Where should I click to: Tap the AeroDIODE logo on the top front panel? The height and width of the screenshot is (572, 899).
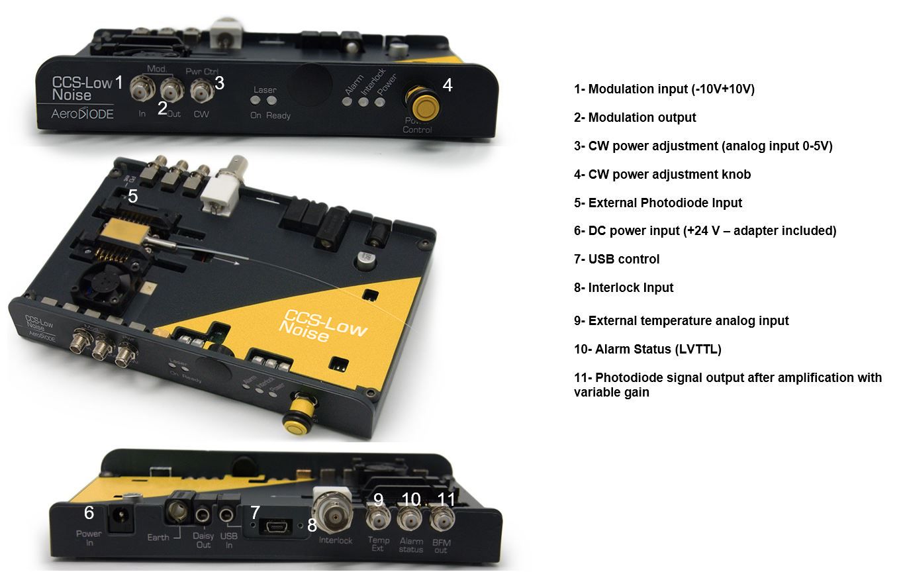pyautogui.click(x=83, y=114)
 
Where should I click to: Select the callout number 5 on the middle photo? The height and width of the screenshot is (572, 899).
pyautogui.click(x=133, y=196)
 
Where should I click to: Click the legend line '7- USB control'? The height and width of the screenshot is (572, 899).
pyautogui.click(x=617, y=260)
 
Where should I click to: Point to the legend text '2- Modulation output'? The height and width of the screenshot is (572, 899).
pyautogui.click(x=635, y=118)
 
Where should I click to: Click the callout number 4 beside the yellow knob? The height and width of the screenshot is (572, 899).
pyautogui.click(x=448, y=85)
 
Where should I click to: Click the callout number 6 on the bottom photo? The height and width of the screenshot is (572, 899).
pyautogui.click(x=89, y=512)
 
